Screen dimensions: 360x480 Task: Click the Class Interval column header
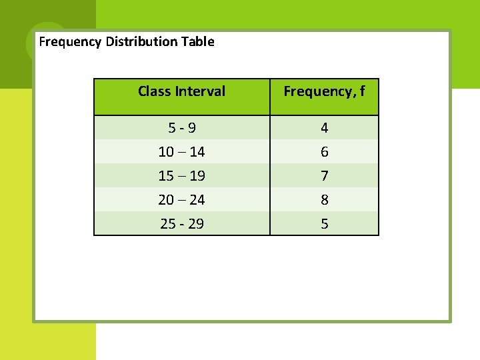coord(181,91)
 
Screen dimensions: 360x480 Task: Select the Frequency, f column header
coord(324,91)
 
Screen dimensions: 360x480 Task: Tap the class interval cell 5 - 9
coord(181,127)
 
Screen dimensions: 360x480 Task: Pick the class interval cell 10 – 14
coord(181,152)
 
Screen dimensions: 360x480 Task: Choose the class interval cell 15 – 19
coord(181,176)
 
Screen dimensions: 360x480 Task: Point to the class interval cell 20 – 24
coord(181,199)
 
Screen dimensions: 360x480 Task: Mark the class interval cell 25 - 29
coord(181,224)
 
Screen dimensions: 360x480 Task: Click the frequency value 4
coord(324,127)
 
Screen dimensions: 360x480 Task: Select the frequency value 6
coord(324,152)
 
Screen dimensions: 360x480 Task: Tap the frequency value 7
coord(324,176)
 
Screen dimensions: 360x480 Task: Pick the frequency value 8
coord(324,199)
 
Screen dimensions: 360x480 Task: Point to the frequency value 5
coord(324,224)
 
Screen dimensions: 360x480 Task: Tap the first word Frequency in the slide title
coord(70,42)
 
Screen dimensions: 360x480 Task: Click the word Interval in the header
coord(199,91)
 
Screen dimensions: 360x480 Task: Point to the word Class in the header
coord(154,91)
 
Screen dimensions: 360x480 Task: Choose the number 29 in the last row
coord(196,224)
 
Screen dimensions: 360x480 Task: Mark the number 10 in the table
coord(166,152)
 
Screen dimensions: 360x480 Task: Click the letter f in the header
coord(361,91)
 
